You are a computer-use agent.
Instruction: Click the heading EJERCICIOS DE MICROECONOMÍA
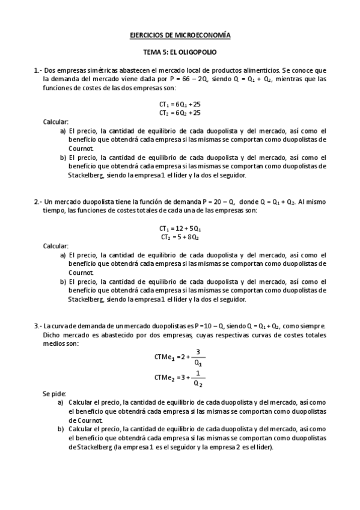click(180, 36)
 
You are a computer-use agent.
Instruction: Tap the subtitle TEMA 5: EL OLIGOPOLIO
click(180, 53)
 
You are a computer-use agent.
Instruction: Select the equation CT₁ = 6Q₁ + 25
click(180, 104)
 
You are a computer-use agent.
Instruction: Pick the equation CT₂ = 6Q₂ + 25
click(180, 112)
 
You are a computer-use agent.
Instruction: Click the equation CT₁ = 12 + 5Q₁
click(180, 229)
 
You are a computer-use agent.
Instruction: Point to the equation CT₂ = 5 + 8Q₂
click(180, 237)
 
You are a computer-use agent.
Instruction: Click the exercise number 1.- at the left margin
click(37, 70)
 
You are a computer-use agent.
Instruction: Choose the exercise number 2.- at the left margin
click(37, 202)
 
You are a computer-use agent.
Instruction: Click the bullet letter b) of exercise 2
click(63, 281)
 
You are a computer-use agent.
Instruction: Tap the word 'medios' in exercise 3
click(53, 343)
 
